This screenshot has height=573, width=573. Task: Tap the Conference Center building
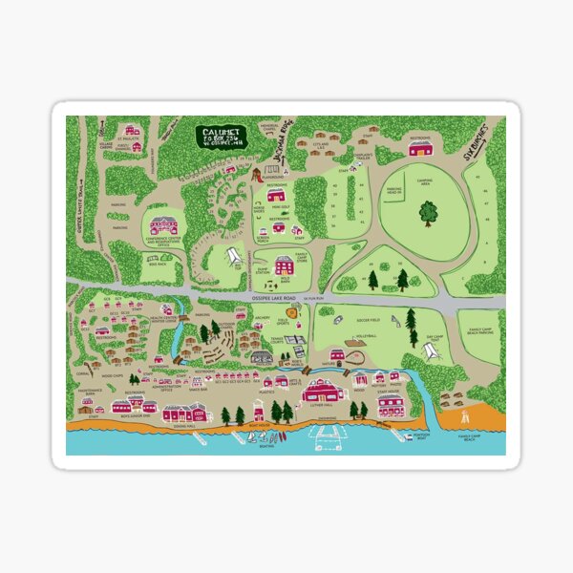pos(163,226)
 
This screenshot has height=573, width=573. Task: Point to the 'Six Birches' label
pos(480,143)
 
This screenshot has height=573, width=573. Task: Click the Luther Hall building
pos(322,391)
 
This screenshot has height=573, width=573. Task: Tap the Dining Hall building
pos(184,413)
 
